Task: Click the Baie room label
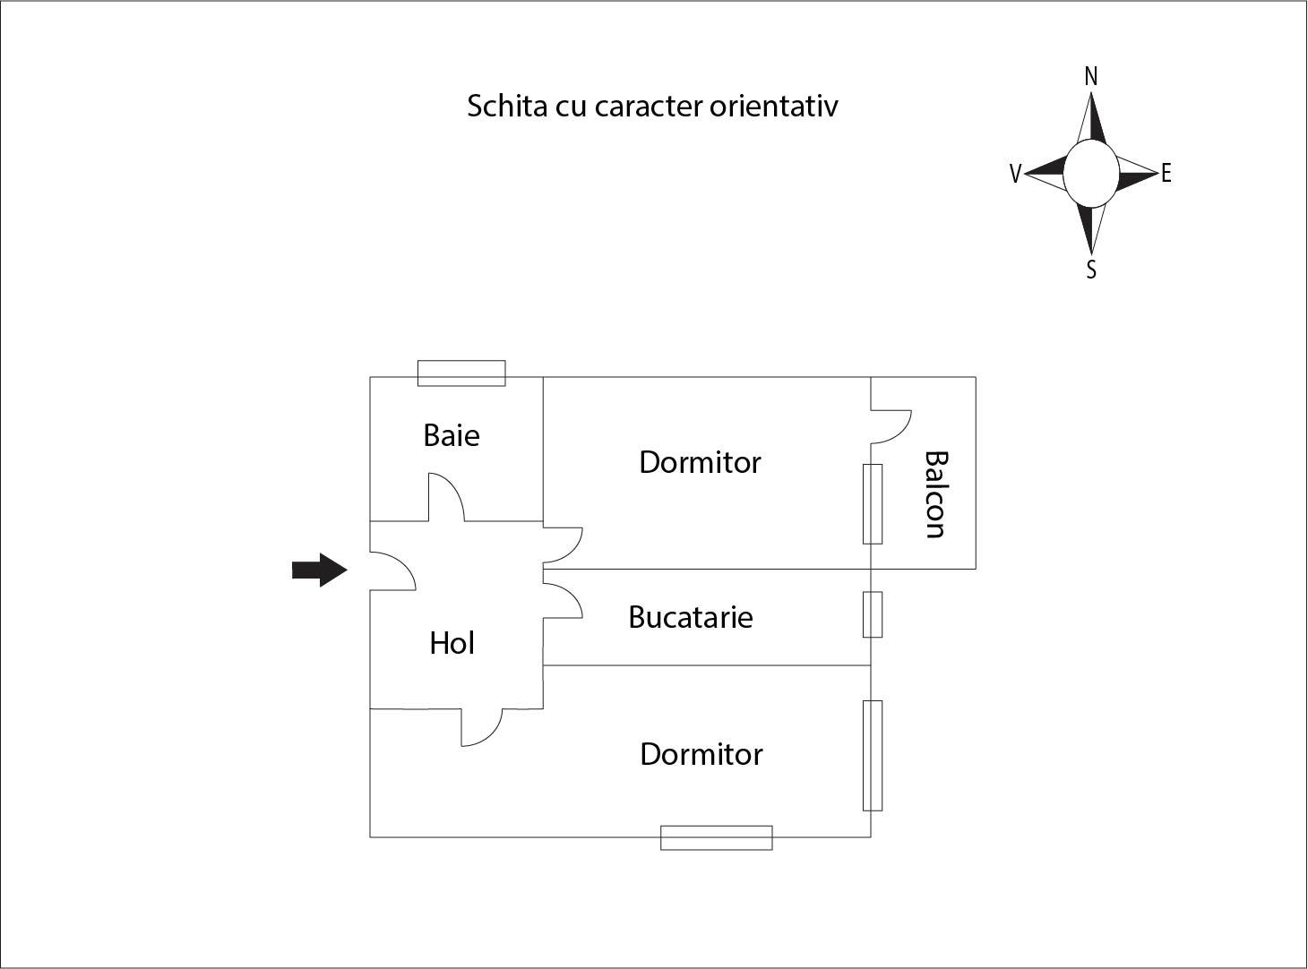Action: point(452,435)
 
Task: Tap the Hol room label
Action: point(452,643)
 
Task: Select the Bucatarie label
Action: point(690,617)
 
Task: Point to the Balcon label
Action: point(935,494)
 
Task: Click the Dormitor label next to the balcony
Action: point(700,462)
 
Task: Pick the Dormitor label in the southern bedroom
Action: point(701,754)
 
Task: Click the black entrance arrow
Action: point(319,570)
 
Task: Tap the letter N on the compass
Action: point(1090,77)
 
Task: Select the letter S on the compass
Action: point(1091,270)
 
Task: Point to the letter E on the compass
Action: point(1166,174)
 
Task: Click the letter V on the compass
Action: point(1015,174)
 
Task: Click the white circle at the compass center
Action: point(1090,173)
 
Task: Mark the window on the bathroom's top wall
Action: point(461,373)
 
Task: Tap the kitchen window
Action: point(873,614)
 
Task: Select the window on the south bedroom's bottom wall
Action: point(716,837)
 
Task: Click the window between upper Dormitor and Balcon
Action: point(873,504)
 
